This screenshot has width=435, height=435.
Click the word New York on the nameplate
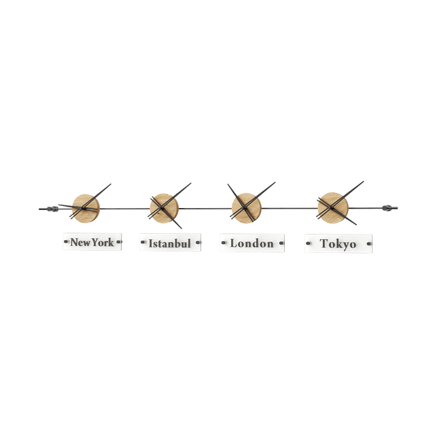click(92, 242)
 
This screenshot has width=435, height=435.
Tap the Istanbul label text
click(170, 243)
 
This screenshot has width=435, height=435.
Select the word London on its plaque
click(251, 243)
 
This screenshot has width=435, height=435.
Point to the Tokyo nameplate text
click(338, 243)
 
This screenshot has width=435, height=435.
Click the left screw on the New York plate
click(66, 241)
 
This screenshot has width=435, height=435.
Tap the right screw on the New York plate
click(119, 241)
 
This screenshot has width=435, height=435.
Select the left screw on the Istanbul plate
click(142, 242)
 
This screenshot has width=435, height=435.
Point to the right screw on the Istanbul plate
click(198, 242)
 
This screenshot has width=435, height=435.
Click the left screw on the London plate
click(223, 242)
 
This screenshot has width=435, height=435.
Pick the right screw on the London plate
click(279, 242)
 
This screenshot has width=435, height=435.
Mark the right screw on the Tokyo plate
click(368, 243)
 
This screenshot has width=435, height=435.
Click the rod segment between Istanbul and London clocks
click(204, 207)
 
